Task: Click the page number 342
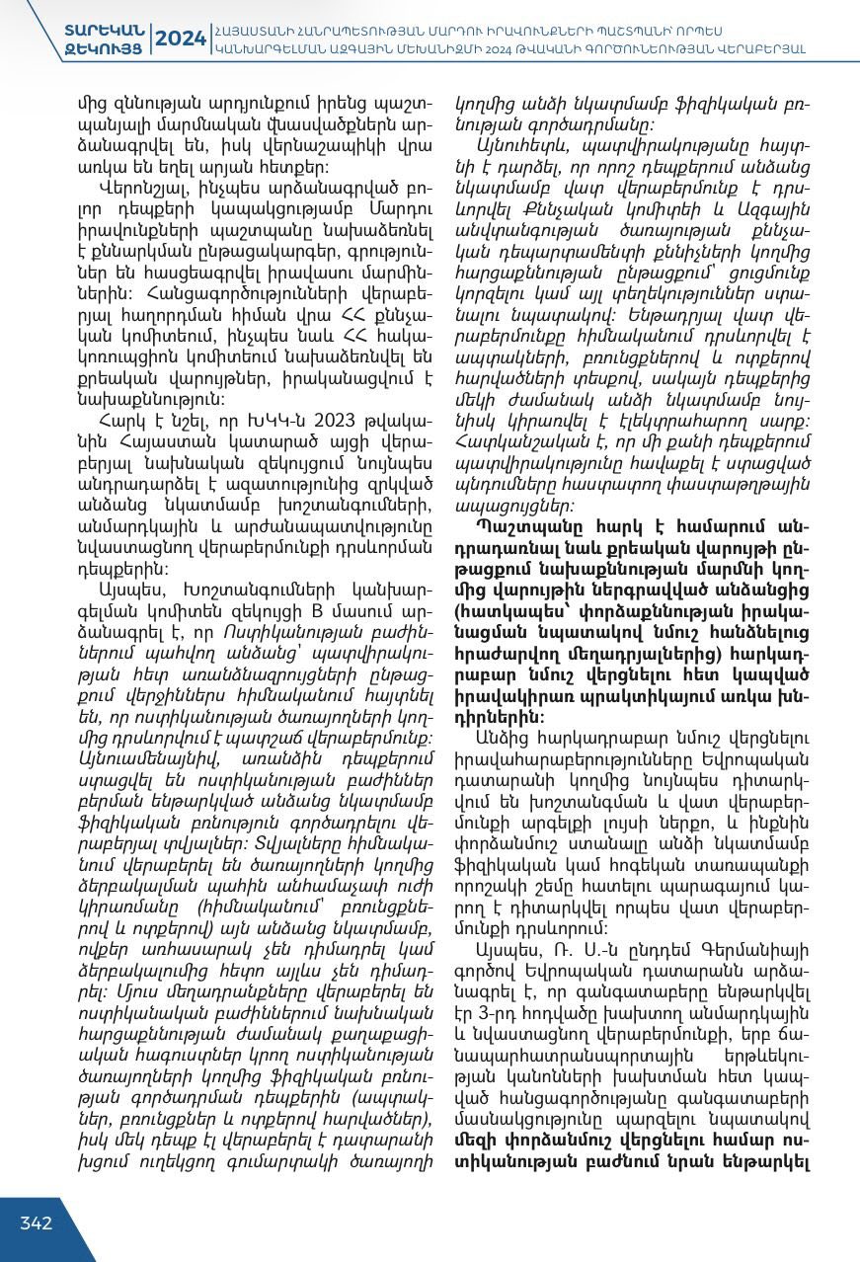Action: pyautogui.click(x=37, y=1223)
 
